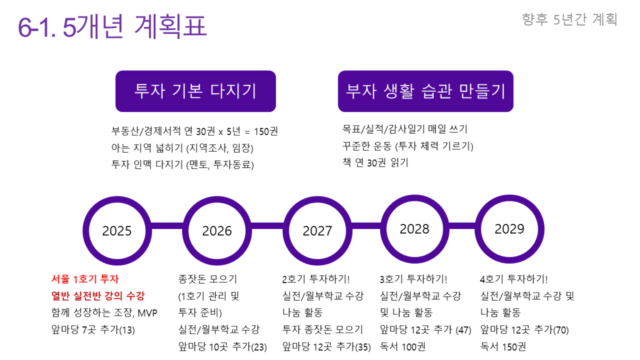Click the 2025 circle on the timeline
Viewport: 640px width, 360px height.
[117, 231]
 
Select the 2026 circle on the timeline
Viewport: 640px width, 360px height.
[217, 231]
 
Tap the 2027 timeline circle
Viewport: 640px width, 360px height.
[317, 231]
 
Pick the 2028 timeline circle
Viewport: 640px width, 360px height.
[415, 229]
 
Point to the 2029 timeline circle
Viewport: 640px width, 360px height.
[509, 229]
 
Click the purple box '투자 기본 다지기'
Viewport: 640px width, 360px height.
[196, 91]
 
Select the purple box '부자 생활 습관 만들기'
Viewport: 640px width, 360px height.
[426, 91]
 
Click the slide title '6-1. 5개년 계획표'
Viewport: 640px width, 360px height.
[112, 26]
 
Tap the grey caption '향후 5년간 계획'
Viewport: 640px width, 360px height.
[569, 19]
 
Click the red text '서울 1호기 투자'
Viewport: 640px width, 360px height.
[85, 279]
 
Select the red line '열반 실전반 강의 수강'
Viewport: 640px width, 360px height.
[98, 296]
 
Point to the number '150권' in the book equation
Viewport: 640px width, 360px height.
[266, 132]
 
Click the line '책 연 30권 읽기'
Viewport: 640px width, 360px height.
[375, 163]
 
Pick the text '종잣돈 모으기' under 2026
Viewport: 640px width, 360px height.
[208, 279]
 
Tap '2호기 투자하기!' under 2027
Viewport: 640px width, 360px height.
[316, 279]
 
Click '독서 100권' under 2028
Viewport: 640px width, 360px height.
[403, 346]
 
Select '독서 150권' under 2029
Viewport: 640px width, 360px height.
[503, 346]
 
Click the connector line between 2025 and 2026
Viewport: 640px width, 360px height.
[167, 226]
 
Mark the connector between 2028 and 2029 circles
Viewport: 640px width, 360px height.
[462, 226]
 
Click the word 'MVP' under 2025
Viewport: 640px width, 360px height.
[147, 313]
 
